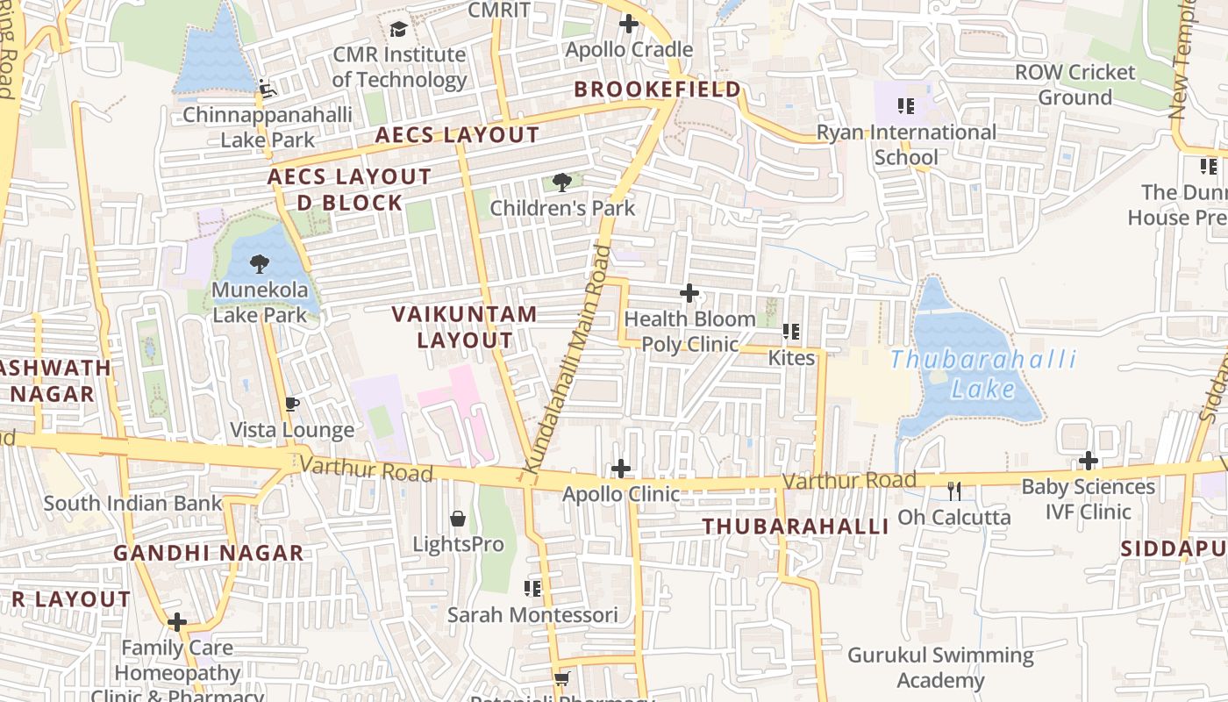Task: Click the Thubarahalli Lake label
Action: [x=982, y=374]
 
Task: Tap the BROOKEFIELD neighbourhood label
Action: [x=657, y=90]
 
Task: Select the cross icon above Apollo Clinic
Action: [x=621, y=469]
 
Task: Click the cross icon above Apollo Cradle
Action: [x=628, y=24]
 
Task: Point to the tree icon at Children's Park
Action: [x=562, y=183]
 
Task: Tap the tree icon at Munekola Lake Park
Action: [x=259, y=263]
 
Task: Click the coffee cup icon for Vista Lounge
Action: [x=292, y=404]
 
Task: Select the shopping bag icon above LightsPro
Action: [x=458, y=519]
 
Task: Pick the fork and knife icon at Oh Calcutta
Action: [x=954, y=491]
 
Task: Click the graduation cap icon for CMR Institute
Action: [x=398, y=29]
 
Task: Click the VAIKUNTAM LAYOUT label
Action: [x=464, y=326]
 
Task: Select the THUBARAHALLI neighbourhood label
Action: [x=796, y=526]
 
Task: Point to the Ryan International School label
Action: [x=906, y=145]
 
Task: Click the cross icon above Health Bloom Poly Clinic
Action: [x=689, y=292]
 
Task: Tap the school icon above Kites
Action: [x=791, y=332]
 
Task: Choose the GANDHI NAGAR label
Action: [x=208, y=554]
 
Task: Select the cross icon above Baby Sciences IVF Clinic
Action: [x=1089, y=460]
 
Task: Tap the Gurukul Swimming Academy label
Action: [x=940, y=668]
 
